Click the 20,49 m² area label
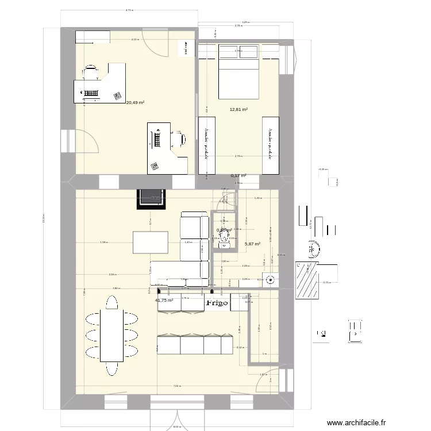tap(136, 103)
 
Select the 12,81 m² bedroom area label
tap(238, 109)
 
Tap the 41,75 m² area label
tap(164, 300)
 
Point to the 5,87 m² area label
tap(252, 244)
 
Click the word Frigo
tap(217, 302)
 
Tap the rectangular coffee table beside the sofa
tap(150, 242)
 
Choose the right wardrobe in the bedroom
tap(270, 145)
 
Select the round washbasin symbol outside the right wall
tap(313, 249)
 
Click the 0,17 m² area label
tap(238, 176)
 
